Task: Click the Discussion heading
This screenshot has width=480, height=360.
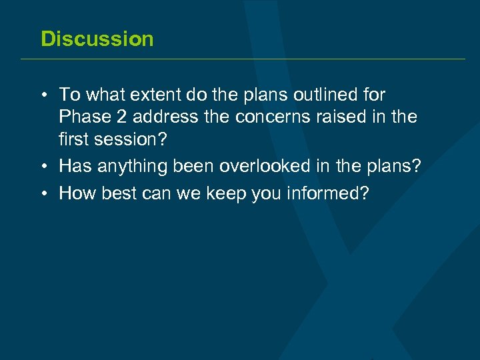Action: pyautogui.click(x=97, y=39)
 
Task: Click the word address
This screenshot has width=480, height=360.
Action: pyautogui.click(x=165, y=117)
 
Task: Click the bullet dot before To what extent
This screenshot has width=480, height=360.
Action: pyautogui.click(x=43, y=95)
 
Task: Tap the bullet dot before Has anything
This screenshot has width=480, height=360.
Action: pyautogui.click(x=43, y=167)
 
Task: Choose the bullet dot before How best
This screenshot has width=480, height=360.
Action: pyautogui.click(x=43, y=194)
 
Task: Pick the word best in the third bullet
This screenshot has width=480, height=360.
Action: pyautogui.click(x=118, y=193)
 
